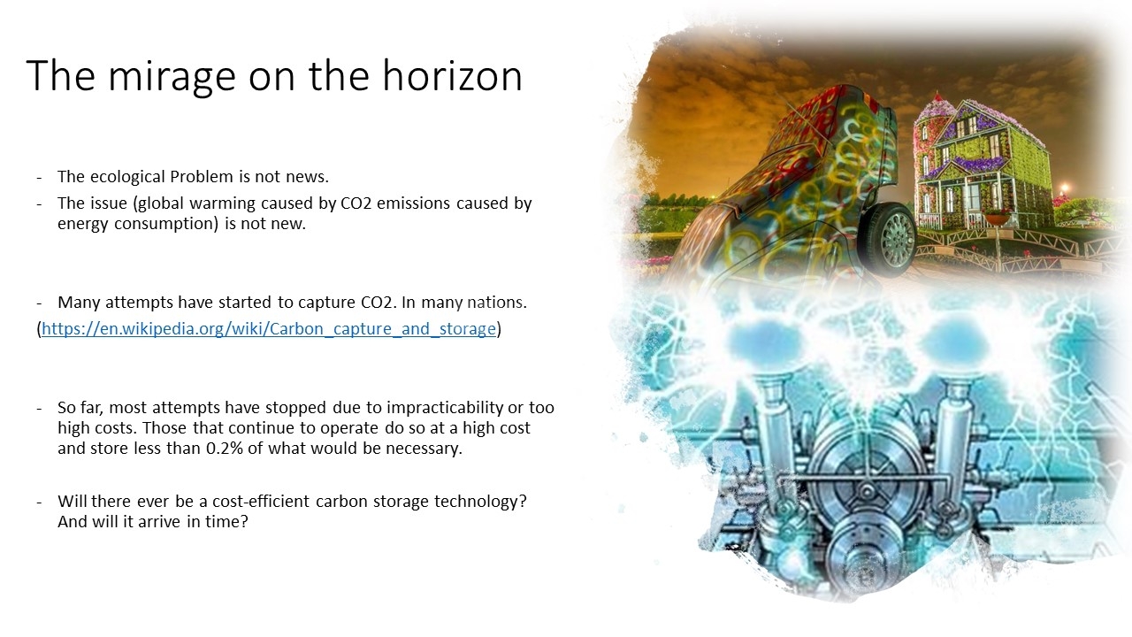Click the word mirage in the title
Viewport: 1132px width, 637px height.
[172, 77]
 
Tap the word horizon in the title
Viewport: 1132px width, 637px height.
[452, 75]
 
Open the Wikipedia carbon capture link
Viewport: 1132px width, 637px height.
[268, 328]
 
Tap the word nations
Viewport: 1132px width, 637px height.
[497, 302]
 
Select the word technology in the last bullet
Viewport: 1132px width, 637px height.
[480, 501]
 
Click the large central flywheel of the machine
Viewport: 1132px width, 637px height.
[866, 480]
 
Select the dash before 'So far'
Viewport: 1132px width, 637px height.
[39, 408]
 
